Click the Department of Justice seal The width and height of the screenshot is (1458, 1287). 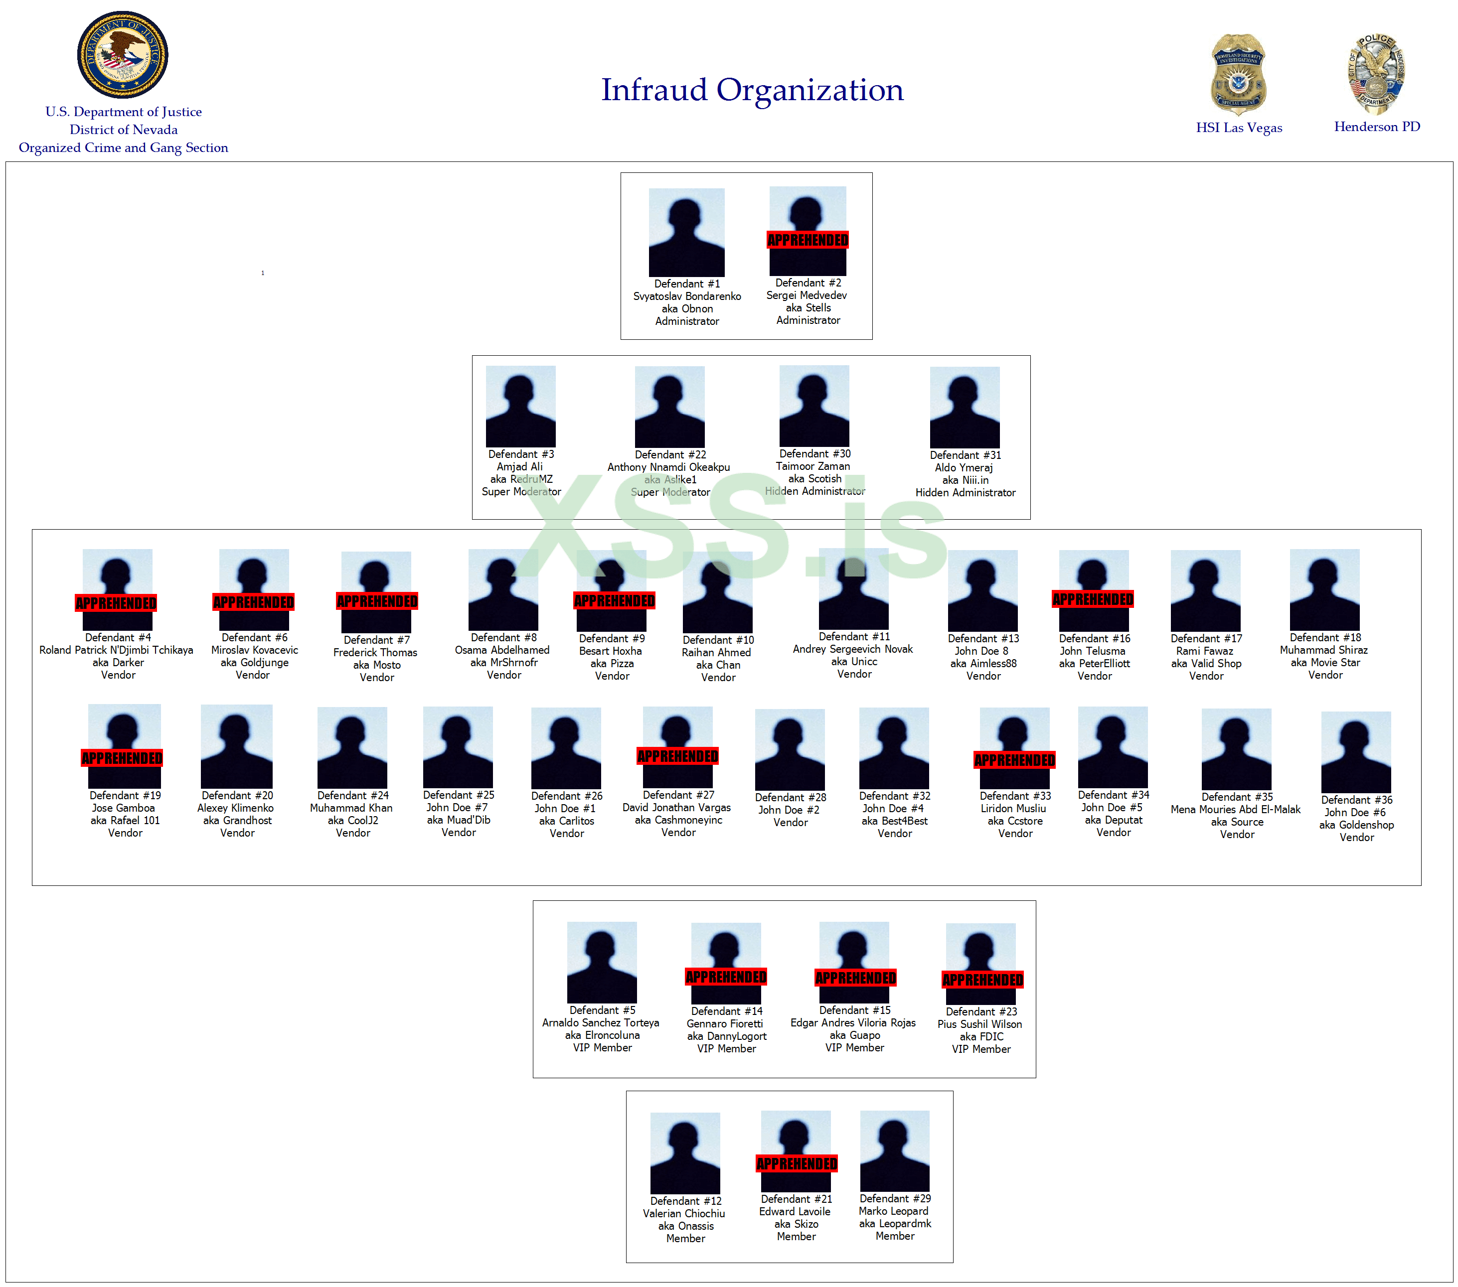tap(123, 54)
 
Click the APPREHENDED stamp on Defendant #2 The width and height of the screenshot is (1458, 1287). tap(808, 240)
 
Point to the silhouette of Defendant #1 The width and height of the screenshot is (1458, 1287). tap(686, 233)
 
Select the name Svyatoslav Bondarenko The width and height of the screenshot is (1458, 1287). tap(687, 296)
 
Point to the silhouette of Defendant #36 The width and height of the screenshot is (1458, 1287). tap(1355, 752)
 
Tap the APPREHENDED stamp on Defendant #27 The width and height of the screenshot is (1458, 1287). tap(677, 756)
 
